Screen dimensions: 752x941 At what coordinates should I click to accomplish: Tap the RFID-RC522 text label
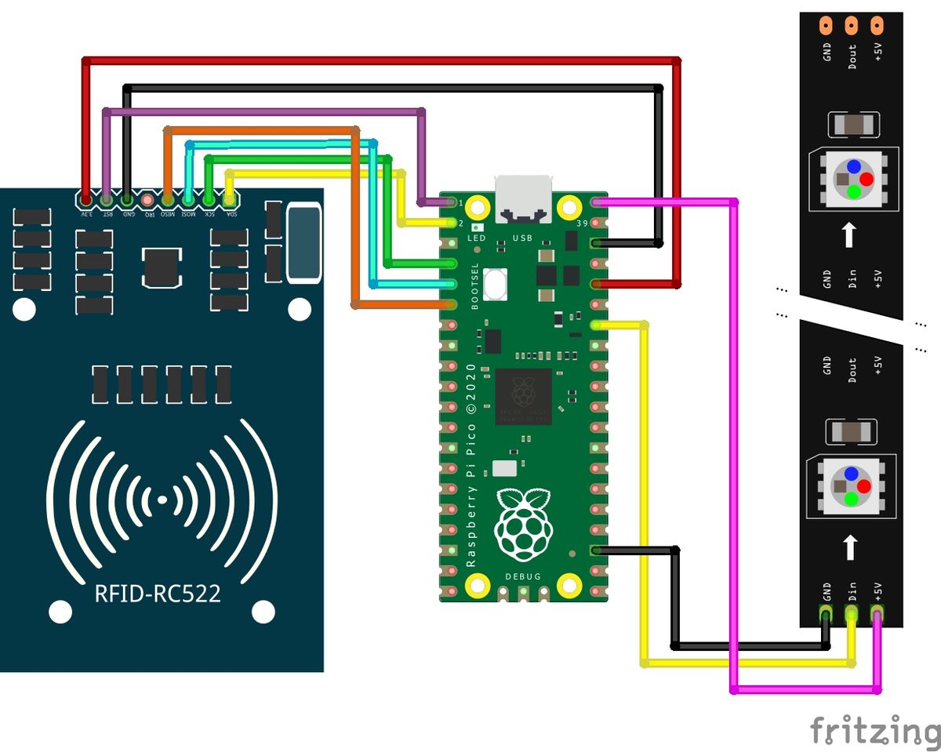[158, 594]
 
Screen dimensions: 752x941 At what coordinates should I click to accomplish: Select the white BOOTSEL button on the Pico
[496, 284]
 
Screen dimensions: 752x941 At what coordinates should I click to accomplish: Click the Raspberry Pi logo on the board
[522, 525]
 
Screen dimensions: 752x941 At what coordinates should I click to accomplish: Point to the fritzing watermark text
[874, 730]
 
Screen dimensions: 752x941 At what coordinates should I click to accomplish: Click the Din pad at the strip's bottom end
[851, 612]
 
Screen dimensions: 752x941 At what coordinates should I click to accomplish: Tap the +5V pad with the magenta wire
[877, 612]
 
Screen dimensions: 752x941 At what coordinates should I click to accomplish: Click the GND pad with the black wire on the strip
[826, 612]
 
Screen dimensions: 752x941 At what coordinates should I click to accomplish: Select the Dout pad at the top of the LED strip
[851, 25]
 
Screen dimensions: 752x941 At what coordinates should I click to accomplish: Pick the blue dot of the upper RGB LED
[852, 166]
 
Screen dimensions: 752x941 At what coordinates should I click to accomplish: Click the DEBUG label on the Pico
[522, 576]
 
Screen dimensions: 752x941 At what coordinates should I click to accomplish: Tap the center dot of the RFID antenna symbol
[162, 499]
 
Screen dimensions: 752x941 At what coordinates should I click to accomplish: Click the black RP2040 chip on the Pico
[524, 397]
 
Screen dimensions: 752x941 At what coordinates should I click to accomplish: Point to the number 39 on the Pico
[582, 224]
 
